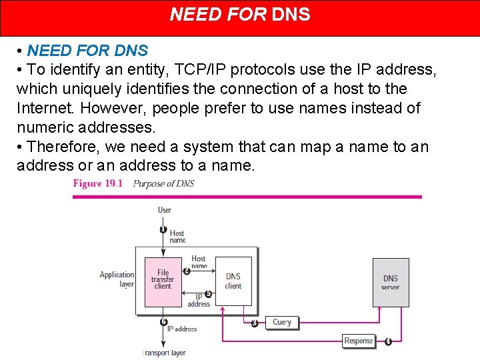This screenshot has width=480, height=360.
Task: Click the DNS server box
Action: click(390, 283)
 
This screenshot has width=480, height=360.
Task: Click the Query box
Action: click(282, 323)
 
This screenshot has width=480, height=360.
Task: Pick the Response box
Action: click(358, 341)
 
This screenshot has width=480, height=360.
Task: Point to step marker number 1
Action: click(163, 229)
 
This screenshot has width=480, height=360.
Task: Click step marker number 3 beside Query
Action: click(255, 323)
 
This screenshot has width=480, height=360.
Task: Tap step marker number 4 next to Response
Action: click(388, 341)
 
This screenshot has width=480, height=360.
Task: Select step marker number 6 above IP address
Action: click(163, 321)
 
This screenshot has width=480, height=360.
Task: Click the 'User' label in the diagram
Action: click(165, 210)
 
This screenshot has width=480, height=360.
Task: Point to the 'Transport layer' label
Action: click(165, 353)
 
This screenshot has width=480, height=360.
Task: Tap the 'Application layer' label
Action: click(117, 279)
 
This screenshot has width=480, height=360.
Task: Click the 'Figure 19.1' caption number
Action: click(97, 183)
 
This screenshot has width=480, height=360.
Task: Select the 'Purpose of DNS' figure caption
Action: click(163, 183)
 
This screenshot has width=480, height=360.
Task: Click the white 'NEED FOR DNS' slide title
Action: click(240, 15)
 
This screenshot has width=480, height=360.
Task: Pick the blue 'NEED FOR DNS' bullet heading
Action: click(87, 51)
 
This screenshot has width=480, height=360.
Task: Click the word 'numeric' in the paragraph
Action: click(46, 127)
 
